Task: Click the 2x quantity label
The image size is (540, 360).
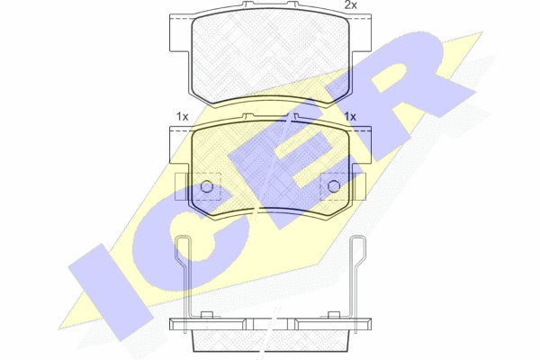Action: coord(351,5)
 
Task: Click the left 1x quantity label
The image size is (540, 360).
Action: coord(183,117)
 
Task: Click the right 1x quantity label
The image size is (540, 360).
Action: coord(350,117)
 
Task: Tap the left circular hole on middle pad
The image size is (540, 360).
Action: coord(207,186)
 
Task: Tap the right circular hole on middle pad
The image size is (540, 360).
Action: coord(334,186)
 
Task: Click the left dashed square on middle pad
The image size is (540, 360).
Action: coord(206,186)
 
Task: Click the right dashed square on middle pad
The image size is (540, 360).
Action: coord(335,186)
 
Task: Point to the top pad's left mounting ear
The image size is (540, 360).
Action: coord(180,33)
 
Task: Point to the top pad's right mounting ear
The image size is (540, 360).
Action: coord(361,33)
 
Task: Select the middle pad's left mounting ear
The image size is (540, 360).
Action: coord(180,145)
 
